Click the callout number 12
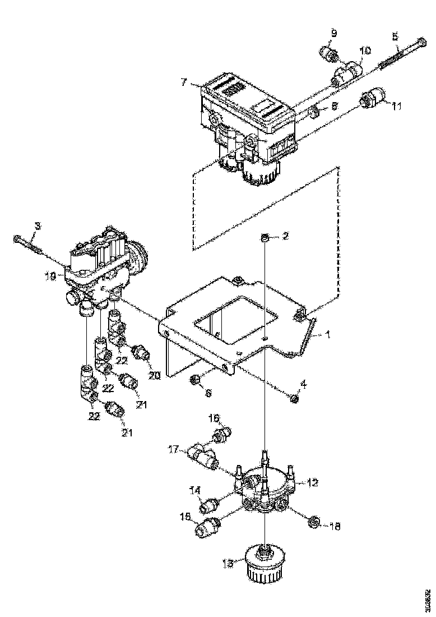[313, 482]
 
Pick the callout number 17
[174, 449]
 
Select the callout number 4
[304, 384]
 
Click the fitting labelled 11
[370, 100]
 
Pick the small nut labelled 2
[264, 240]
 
